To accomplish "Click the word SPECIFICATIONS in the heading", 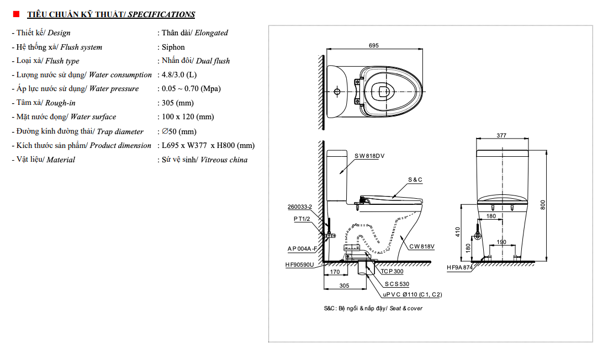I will coord(161,14).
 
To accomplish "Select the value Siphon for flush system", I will coord(173,47).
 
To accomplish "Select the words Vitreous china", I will coord(224,160).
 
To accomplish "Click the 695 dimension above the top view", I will coord(374,46).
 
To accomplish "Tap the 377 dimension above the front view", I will coord(501,135).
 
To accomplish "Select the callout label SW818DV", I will coord(369,156).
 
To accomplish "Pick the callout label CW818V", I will coord(422,247).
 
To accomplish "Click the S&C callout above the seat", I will coord(415,180).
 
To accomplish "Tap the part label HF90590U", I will coord(299,265).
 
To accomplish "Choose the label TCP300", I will coord(392,272).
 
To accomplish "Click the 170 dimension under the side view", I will coord(335,272).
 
